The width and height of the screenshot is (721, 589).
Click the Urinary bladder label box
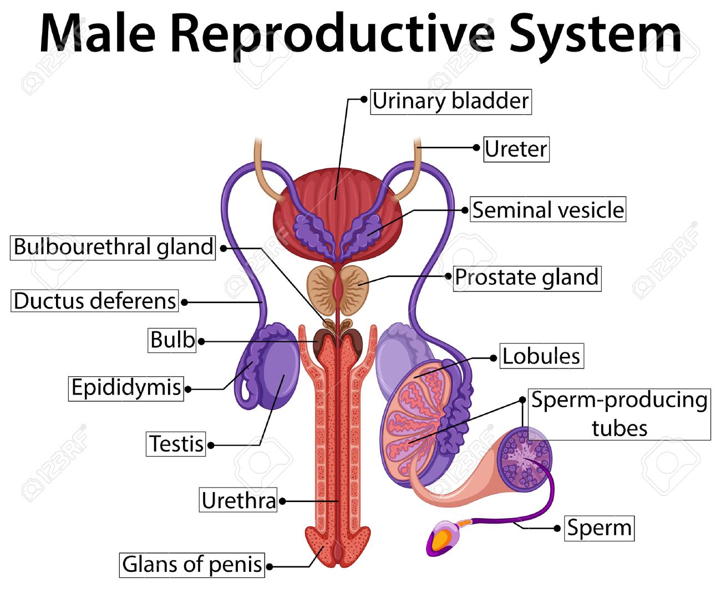click(x=450, y=101)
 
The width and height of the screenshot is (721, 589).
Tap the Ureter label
click(x=516, y=149)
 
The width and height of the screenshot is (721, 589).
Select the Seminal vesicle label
click(x=547, y=209)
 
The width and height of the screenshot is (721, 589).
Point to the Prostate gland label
click(x=527, y=279)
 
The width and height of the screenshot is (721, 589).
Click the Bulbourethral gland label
click(x=113, y=247)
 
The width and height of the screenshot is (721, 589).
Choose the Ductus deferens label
click(x=94, y=300)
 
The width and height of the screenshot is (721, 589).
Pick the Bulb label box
click(x=172, y=340)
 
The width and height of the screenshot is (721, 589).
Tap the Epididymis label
click(x=126, y=388)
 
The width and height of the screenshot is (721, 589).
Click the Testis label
click(x=176, y=444)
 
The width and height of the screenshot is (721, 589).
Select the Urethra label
click(x=238, y=499)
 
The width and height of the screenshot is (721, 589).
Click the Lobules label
click(x=541, y=356)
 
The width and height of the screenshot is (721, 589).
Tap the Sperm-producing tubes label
click(x=619, y=414)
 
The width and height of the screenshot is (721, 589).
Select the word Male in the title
click(x=98, y=33)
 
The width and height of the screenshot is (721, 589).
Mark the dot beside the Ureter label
click(x=476, y=147)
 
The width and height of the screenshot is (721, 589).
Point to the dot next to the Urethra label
click(x=282, y=501)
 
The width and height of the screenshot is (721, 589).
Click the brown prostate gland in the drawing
click(x=338, y=290)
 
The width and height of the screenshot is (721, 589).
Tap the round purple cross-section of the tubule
click(x=524, y=459)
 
